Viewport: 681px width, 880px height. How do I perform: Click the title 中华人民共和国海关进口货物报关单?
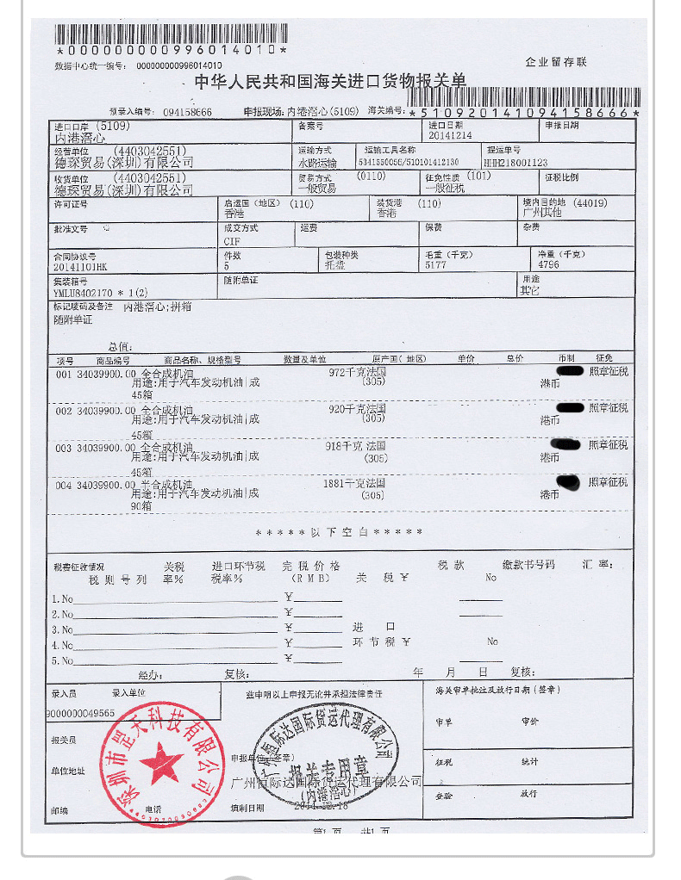click(329, 82)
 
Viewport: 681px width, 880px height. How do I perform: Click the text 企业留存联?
click(556, 62)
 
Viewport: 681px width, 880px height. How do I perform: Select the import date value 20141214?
click(450, 136)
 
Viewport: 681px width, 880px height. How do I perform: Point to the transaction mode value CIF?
click(232, 242)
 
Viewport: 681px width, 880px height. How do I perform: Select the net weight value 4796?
click(548, 266)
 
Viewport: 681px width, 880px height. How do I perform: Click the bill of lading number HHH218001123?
click(516, 162)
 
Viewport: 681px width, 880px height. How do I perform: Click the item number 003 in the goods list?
click(63, 448)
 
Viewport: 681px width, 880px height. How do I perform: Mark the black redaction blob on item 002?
click(571, 407)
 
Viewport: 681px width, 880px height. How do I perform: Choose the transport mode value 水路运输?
click(318, 162)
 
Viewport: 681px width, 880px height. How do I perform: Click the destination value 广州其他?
click(542, 213)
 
